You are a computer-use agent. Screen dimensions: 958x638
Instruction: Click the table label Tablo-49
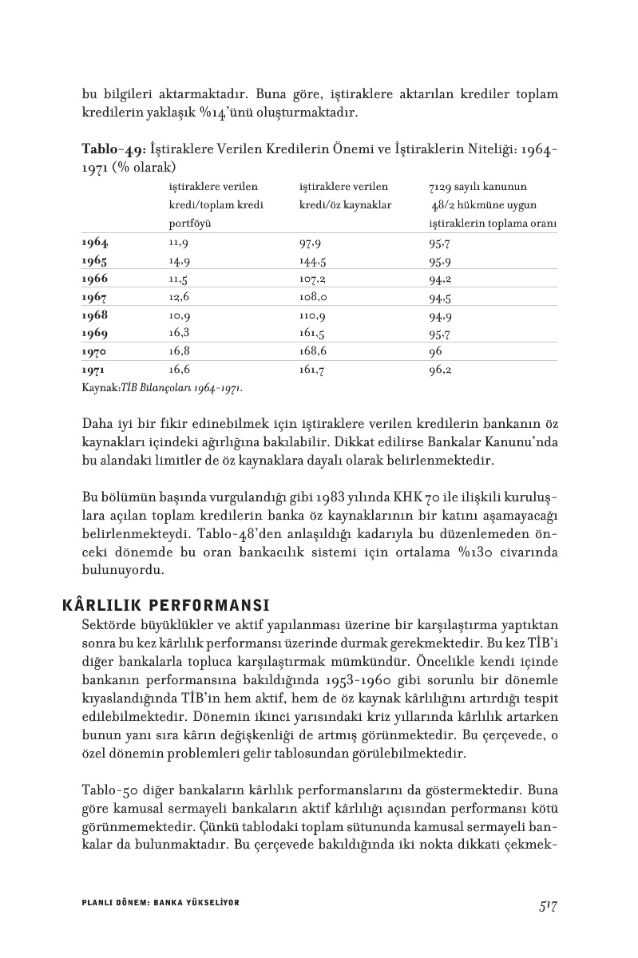click(x=111, y=149)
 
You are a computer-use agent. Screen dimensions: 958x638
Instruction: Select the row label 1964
click(x=95, y=243)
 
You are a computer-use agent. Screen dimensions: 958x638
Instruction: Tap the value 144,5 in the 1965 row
click(x=312, y=261)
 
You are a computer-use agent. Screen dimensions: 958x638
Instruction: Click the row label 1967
click(x=95, y=298)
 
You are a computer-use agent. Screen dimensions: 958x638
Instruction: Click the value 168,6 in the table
click(x=313, y=352)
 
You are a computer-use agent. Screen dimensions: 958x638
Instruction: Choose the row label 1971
click(x=94, y=370)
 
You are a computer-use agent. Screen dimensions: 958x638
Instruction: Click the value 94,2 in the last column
click(x=440, y=279)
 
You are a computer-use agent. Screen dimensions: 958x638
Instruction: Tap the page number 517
click(x=547, y=905)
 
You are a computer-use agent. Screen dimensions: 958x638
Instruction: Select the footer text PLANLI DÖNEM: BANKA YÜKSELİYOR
click(x=160, y=902)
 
